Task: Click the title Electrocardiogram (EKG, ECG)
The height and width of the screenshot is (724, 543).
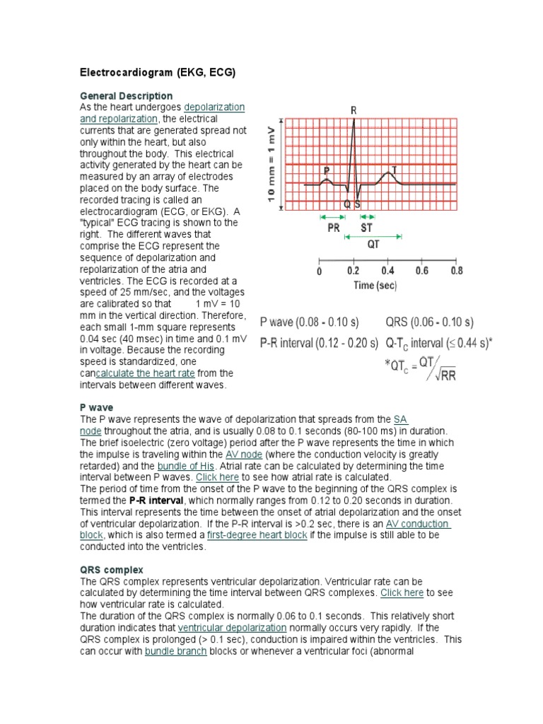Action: click(156, 72)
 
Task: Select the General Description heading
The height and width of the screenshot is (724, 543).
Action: click(126, 95)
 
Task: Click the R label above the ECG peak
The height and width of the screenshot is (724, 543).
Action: click(354, 110)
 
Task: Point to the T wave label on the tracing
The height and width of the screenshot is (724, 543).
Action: click(394, 170)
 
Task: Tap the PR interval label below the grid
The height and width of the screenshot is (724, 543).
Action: click(332, 228)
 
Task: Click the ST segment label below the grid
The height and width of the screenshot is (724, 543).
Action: click(368, 228)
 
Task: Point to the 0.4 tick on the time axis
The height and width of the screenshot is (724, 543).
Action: click(388, 271)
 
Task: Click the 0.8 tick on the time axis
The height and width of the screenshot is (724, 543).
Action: click(457, 271)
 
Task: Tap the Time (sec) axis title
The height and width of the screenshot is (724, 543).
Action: click(375, 286)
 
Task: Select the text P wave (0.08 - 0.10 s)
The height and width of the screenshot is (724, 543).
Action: click(310, 322)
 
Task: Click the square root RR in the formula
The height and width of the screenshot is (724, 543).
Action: click(445, 375)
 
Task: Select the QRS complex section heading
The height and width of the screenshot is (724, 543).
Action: click(112, 569)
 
